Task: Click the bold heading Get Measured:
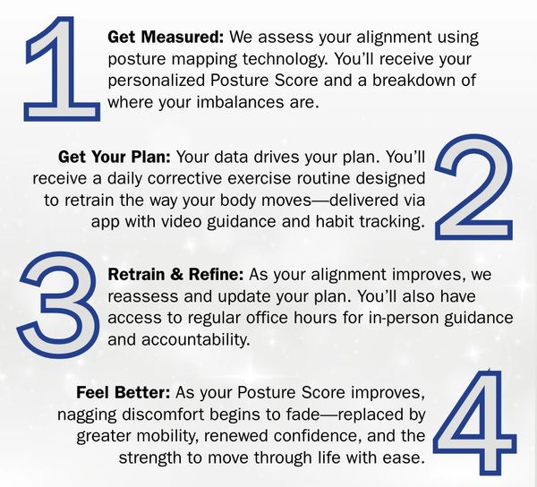coord(166,37)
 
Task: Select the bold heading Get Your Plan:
coord(114,158)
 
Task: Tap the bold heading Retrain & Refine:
coord(175,275)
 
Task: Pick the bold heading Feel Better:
coord(124,392)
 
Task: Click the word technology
coord(285,60)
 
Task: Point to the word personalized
coord(156,81)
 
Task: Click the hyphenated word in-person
coord(404,319)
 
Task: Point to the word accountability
coord(196,340)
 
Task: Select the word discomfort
coord(164,414)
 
